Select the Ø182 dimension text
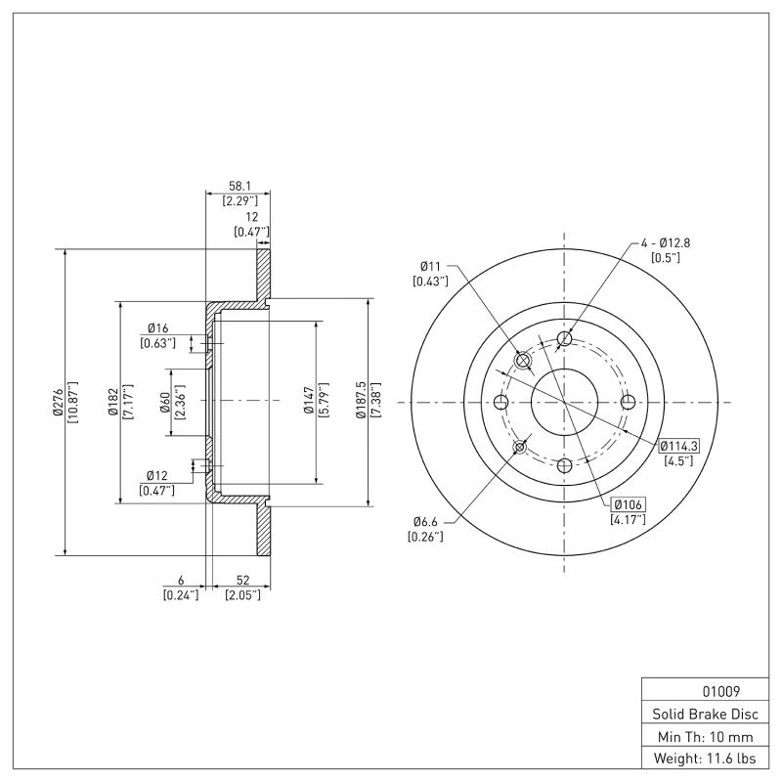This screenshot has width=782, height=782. coord(112,401)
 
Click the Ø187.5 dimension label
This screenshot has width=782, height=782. coord(361,401)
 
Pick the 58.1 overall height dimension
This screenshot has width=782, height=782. coord(239,185)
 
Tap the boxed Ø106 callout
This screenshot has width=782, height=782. coord(628,504)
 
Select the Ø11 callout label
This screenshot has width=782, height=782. coord(431,265)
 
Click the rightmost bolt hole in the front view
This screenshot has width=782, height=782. coord(628,402)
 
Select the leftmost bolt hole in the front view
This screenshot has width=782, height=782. coord(501,402)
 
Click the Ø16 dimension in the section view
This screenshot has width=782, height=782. coord(158,327)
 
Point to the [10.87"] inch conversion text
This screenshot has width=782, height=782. coord(72,401)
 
